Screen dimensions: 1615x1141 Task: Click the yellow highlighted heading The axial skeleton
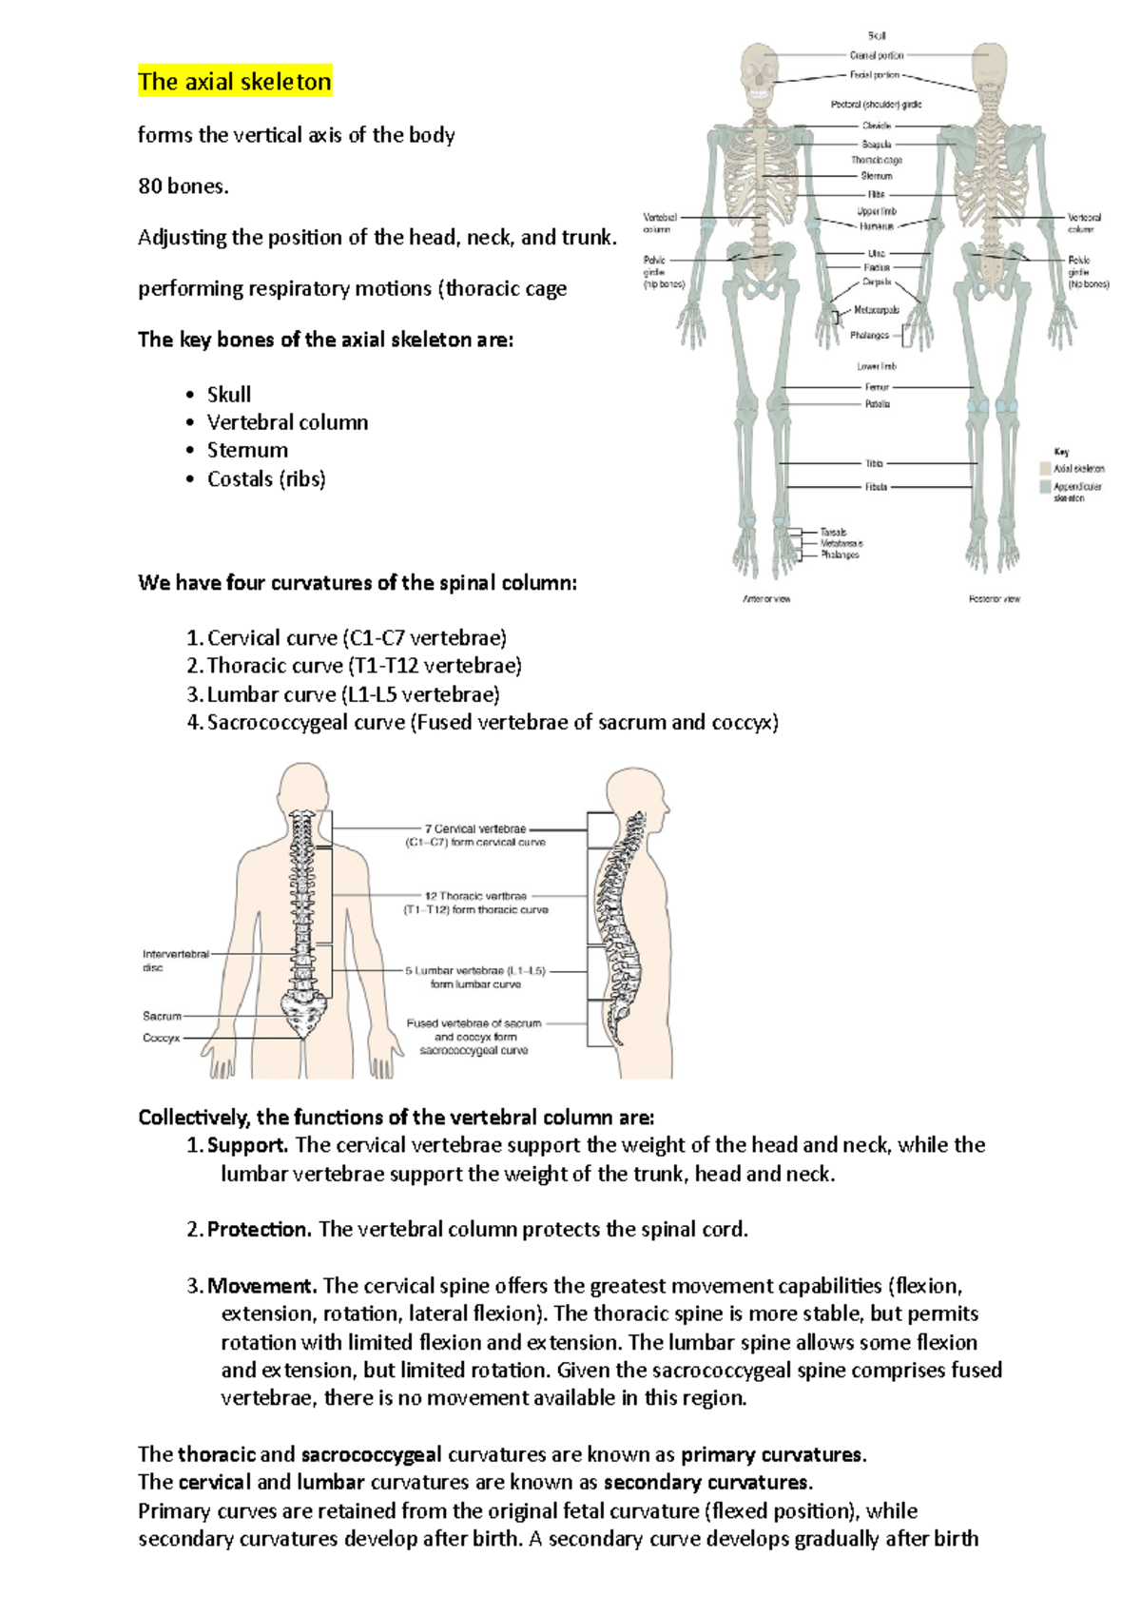[234, 82]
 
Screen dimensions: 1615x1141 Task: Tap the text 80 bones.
[184, 186]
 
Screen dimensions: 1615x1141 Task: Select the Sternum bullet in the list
[247, 450]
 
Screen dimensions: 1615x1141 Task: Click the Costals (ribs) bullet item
[266, 478]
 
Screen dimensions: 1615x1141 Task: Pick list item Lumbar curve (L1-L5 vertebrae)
[353, 694]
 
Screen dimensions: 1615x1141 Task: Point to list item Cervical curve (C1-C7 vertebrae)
[357, 637]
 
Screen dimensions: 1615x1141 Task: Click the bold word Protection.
[259, 1229]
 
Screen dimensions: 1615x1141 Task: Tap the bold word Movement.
[261, 1286]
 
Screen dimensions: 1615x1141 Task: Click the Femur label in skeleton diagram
[877, 387]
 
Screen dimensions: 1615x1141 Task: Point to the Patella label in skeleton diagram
[877, 404]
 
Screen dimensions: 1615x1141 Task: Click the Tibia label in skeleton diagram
[874, 464]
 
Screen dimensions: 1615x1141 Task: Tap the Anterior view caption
[766, 599]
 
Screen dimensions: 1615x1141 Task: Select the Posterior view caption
[995, 599]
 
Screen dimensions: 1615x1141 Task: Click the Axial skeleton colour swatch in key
[1045, 468]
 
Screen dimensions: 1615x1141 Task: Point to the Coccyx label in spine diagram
[161, 1038]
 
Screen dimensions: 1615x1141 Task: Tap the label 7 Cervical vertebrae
[474, 828]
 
